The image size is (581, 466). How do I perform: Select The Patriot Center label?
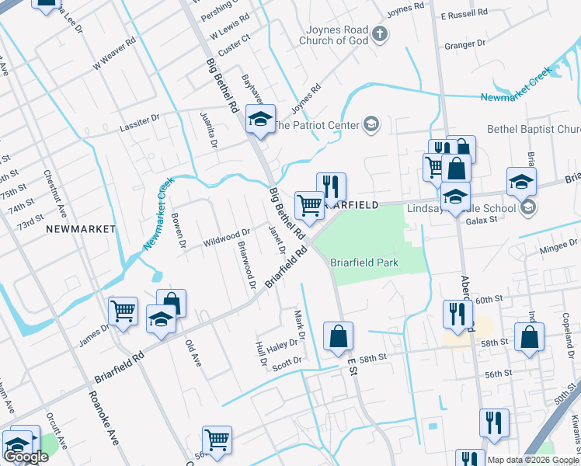(x=315, y=124)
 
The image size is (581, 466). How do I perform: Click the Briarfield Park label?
(x=364, y=263)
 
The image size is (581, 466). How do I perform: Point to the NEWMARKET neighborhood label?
(x=80, y=229)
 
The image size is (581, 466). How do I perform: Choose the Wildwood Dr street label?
(x=227, y=232)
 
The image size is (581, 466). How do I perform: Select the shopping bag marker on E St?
(x=338, y=336)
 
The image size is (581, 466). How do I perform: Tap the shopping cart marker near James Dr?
(x=124, y=311)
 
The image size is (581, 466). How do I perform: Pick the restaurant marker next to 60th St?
(x=457, y=313)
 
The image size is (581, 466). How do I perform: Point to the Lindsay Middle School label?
(x=461, y=208)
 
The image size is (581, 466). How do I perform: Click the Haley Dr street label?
(x=282, y=345)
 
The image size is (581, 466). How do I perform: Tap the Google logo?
(x=25, y=457)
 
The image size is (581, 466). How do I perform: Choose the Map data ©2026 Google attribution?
(x=533, y=460)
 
